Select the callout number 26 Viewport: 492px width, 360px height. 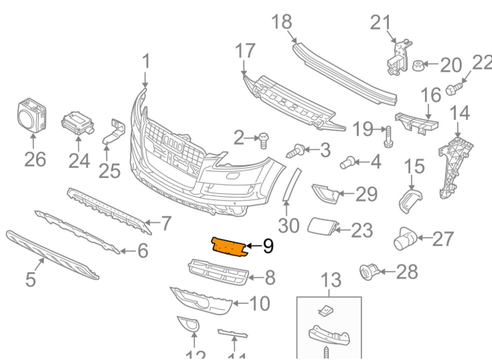point(35,159)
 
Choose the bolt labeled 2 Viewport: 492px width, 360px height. point(263,141)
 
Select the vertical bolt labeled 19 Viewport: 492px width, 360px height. point(388,137)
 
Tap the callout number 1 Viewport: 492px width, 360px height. point(146,62)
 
